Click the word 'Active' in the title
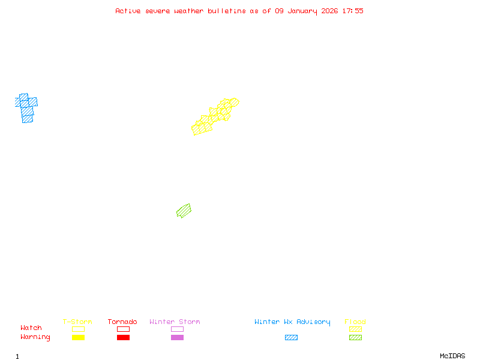pos(128,11)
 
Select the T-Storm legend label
pos(77,322)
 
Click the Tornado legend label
pos(122,322)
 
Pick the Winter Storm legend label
pos(175,322)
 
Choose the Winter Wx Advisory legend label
pos(292,322)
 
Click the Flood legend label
pos(355,322)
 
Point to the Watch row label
pos(31,328)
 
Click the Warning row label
pos(35,337)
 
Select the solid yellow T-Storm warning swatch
pos(78,338)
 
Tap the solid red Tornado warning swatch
pos(123,338)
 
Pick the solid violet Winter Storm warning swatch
pos(177,338)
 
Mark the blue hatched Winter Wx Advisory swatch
pos(291,338)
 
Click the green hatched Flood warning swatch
pos(355,338)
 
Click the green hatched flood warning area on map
pos(184,211)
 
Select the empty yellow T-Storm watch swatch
pos(78,329)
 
